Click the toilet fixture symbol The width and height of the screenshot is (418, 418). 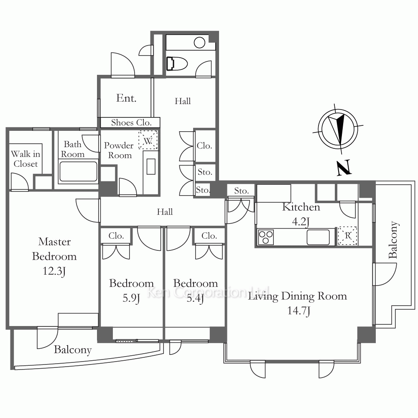tap(177, 64)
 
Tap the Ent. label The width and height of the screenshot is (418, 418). tap(126, 98)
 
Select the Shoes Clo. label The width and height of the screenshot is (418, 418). tap(131, 122)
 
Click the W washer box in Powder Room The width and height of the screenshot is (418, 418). tap(148, 140)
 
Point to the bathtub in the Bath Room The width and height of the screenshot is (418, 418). tap(79, 171)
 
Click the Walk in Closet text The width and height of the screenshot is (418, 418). tap(25, 159)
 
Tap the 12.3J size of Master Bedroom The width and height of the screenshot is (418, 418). tap(54, 271)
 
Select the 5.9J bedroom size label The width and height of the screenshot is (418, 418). tap(131, 298)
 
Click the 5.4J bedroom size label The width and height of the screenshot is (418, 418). tap(195, 298)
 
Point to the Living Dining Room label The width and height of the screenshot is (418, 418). tap(297, 296)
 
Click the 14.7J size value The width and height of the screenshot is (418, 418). tap(298, 311)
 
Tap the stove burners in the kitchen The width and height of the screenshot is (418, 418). tap(266, 237)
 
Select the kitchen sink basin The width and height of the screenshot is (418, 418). tap(318, 237)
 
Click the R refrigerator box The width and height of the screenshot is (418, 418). tap(347, 236)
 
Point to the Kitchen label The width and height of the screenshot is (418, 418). tap(301, 207)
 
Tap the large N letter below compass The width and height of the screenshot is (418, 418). tap(344, 168)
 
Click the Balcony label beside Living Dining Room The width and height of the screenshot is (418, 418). tap(393, 240)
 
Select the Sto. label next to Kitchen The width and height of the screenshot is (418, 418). tap(241, 191)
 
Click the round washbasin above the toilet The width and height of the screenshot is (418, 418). tap(199, 43)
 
